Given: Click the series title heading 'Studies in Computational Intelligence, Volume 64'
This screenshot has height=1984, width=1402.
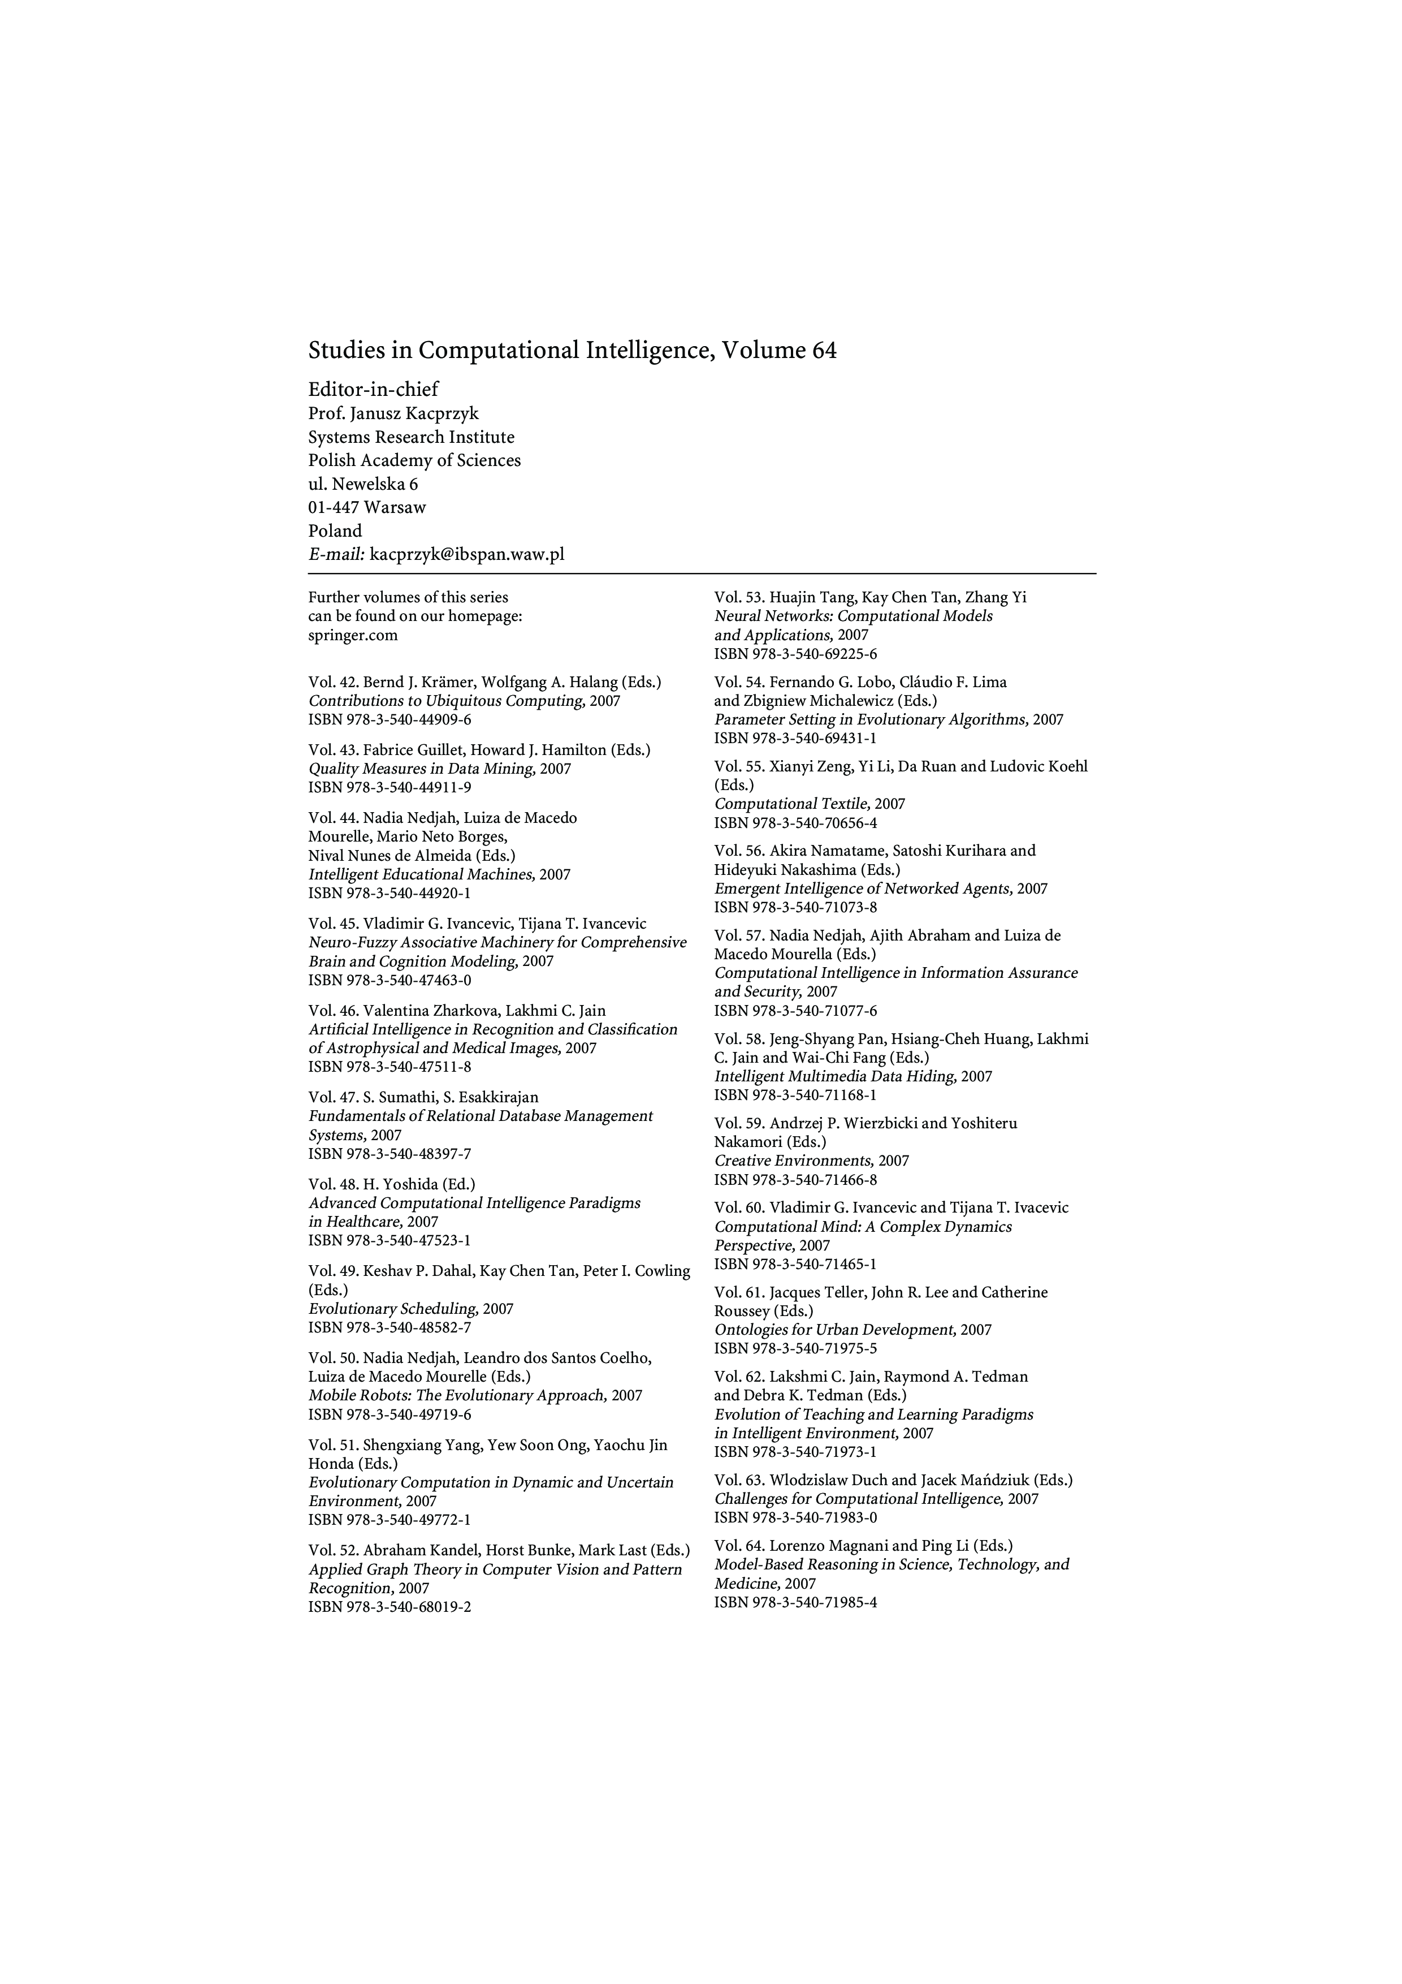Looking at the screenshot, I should (x=572, y=351).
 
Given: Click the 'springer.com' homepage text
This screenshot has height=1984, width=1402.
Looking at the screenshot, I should (x=352, y=635).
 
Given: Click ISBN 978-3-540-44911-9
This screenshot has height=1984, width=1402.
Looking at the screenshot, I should (x=390, y=787).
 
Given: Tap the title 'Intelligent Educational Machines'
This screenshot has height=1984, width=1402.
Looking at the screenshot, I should (x=421, y=874).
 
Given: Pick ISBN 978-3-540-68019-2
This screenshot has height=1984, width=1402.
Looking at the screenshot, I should (x=390, y=1607).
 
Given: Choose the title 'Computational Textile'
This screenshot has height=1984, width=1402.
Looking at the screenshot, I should (x=791, y=804).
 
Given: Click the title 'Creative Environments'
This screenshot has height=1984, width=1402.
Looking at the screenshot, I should (x=793, y=1161).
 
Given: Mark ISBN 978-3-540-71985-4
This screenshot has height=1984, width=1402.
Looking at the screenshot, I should (x=795, y=1603).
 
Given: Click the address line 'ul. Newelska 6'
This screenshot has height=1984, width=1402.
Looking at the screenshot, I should (x=363, y=484).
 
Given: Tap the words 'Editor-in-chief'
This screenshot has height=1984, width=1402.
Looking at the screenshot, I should (x=373, y=389).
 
